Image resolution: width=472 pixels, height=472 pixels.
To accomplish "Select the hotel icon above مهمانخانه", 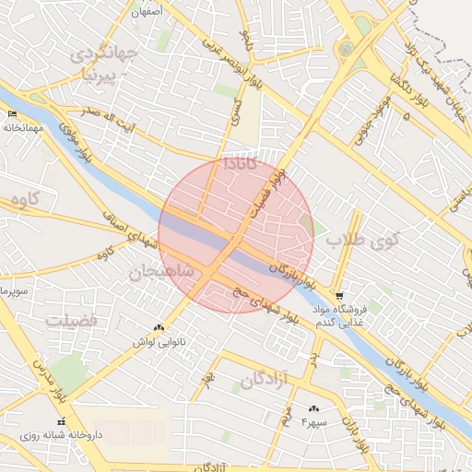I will (x=12, y=113).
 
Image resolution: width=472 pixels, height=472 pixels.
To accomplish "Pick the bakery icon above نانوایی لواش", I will (x=159, y=327).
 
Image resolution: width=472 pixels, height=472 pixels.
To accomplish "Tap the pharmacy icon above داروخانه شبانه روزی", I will (x=61, y=420).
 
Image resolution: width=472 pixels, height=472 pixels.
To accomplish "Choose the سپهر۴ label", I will (x=313, y=422).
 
